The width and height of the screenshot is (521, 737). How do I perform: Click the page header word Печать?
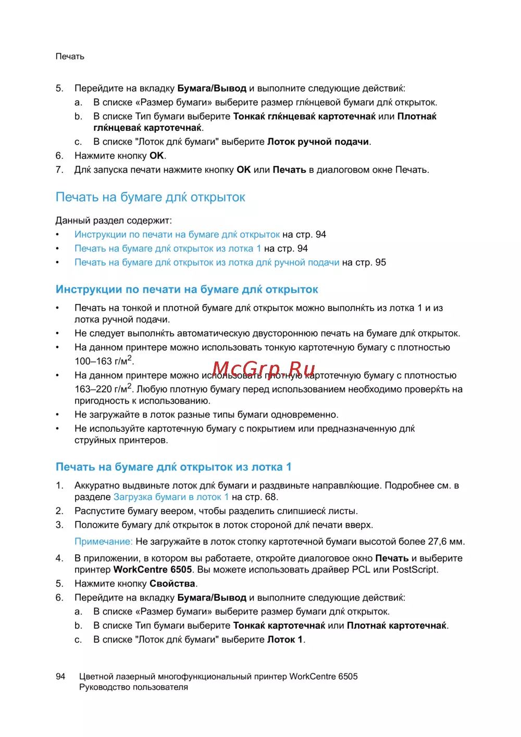[x=70, y=56]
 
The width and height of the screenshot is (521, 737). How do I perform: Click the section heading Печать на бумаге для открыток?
[x=150, y=197]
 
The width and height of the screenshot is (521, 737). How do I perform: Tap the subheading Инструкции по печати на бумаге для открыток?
[x=187, y=290]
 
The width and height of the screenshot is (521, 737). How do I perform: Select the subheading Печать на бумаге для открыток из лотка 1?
[x=173, y=467]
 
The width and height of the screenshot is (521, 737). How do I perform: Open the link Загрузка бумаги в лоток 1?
[x=171, y=497]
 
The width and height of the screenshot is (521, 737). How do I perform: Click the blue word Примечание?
[x=103, y=542]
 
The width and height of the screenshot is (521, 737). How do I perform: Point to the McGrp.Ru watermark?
[x=264, y=371]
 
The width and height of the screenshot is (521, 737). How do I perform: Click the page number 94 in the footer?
[x=60, y=677]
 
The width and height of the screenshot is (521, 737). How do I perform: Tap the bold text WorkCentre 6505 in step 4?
[x=153, y=570]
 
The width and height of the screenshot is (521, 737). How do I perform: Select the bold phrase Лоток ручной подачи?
[x=318, y=142]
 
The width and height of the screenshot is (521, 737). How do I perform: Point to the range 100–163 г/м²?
[x=104, y=361]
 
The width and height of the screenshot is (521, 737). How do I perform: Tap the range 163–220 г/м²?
[x=103, y=389]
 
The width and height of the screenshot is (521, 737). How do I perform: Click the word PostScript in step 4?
[x=415, y=570]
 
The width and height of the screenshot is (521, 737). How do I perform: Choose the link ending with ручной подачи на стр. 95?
[x=207, y=263]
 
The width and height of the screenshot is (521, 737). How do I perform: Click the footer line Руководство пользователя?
[x=133, y=688]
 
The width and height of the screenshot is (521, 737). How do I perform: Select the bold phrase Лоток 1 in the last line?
[x=285, y=640]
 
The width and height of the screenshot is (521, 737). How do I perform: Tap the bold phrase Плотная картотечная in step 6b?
[x=396, y=626]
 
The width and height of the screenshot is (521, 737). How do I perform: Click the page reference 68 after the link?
[x=271, y=497]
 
